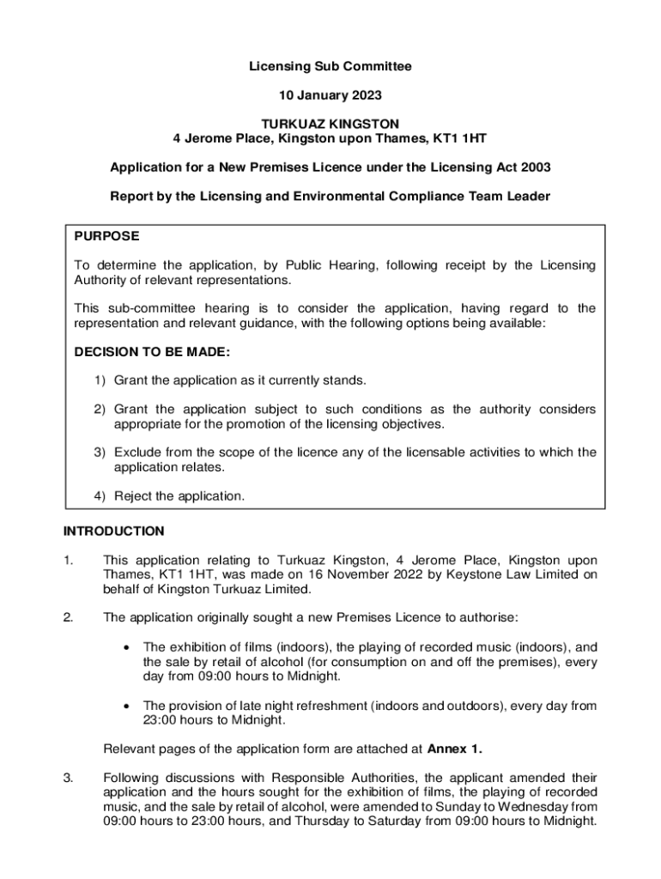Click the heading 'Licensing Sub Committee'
coord(330,66)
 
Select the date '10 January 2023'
coord(330,94)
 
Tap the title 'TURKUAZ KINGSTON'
coord(330,124)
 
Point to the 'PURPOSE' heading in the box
coord(106,236)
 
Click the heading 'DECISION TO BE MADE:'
coord(152,352)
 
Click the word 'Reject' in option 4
coord(134,495)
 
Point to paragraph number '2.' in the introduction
coord(69,616)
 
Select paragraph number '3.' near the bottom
coord(69,779)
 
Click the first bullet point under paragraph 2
coord(126,646)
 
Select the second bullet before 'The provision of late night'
coord(126,706)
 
